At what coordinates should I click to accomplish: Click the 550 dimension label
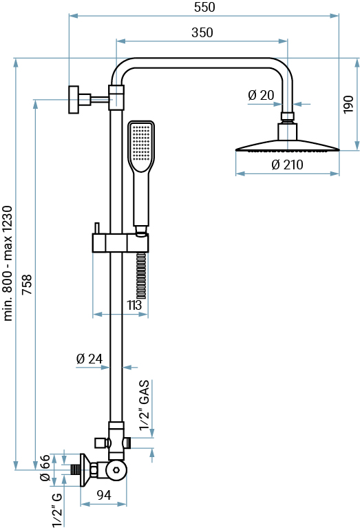click(x=204, y=7)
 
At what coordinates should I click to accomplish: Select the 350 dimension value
click(x=202, y=32)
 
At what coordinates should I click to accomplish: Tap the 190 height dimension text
click(x=348, y=105)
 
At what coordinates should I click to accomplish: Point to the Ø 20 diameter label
click(x=261, y=95)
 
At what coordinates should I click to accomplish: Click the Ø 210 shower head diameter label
click(x=287, y=165)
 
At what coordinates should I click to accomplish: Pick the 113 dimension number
click(x=134, y=305)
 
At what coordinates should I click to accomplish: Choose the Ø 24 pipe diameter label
click(x=89, y=359)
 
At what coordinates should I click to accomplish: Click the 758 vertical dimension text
click(x=27, y=284)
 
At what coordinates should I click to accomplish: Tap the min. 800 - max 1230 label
click(x=8, y=264)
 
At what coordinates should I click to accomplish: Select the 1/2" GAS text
click(x=144, y=405)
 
